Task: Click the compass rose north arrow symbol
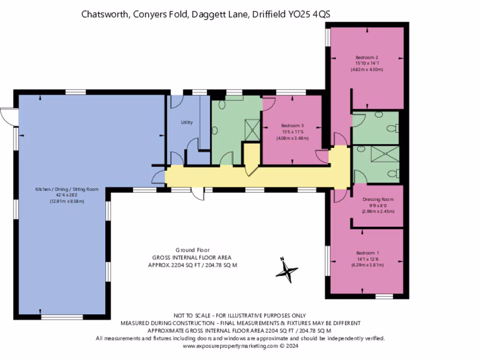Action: (286, 270)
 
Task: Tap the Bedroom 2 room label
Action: (367, 57)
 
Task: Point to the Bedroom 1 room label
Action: (367, 252)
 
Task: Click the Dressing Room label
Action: (378, 199)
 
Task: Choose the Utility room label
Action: (187, 122)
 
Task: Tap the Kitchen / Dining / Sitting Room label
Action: (67, 189)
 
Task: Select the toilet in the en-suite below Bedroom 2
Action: (392, 128)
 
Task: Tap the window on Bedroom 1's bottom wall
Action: (384, 296)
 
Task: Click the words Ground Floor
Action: (192, 250)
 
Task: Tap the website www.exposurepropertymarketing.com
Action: (230, 346)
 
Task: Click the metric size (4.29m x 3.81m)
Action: (367, 264)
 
